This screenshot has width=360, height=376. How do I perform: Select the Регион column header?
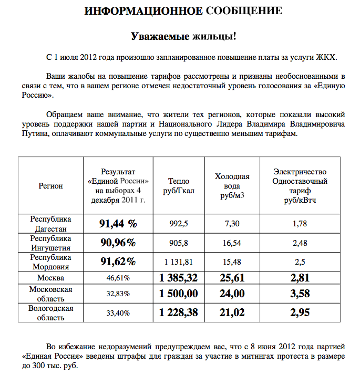pos(50,185)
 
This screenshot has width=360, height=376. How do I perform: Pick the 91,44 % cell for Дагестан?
pos(118,224)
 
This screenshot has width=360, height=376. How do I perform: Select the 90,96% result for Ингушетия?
pos(118,243)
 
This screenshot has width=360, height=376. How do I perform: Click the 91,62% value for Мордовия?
pos(118,262)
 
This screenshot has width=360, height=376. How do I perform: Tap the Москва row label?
pos(50,277)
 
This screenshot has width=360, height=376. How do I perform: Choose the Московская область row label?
pos(50,294)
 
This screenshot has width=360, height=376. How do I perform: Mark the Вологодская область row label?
pos(50,312)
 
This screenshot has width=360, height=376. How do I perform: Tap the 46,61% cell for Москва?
pos(118,277)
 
